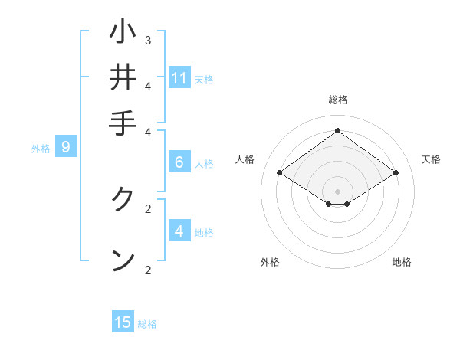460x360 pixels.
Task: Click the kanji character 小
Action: [x=123, y=33]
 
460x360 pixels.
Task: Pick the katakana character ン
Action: [x=123, y=260]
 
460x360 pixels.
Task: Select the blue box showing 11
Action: [x=179, y=78]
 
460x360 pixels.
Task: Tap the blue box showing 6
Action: [x=179, y=162]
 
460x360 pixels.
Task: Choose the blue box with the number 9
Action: [x=66, y=147]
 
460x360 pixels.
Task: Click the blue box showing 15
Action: [x=123, y=322]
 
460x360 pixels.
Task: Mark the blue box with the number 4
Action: [x=179, y=231]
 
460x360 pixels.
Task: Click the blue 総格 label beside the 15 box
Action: [x=147, y=324]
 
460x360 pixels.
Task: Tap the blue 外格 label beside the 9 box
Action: [x=41, y=149]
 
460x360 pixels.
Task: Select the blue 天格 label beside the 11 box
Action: [x=204, y=80]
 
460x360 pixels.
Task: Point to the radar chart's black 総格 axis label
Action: [x=338, y=100]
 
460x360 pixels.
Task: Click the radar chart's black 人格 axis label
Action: [x=245, y=159]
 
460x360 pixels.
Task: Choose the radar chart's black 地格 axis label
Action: [x=402, y=262]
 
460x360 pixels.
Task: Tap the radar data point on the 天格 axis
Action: [x=396, y=173]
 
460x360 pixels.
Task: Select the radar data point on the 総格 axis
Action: [x=337, y=131]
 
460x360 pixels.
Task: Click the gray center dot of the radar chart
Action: [x=337, y=191]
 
